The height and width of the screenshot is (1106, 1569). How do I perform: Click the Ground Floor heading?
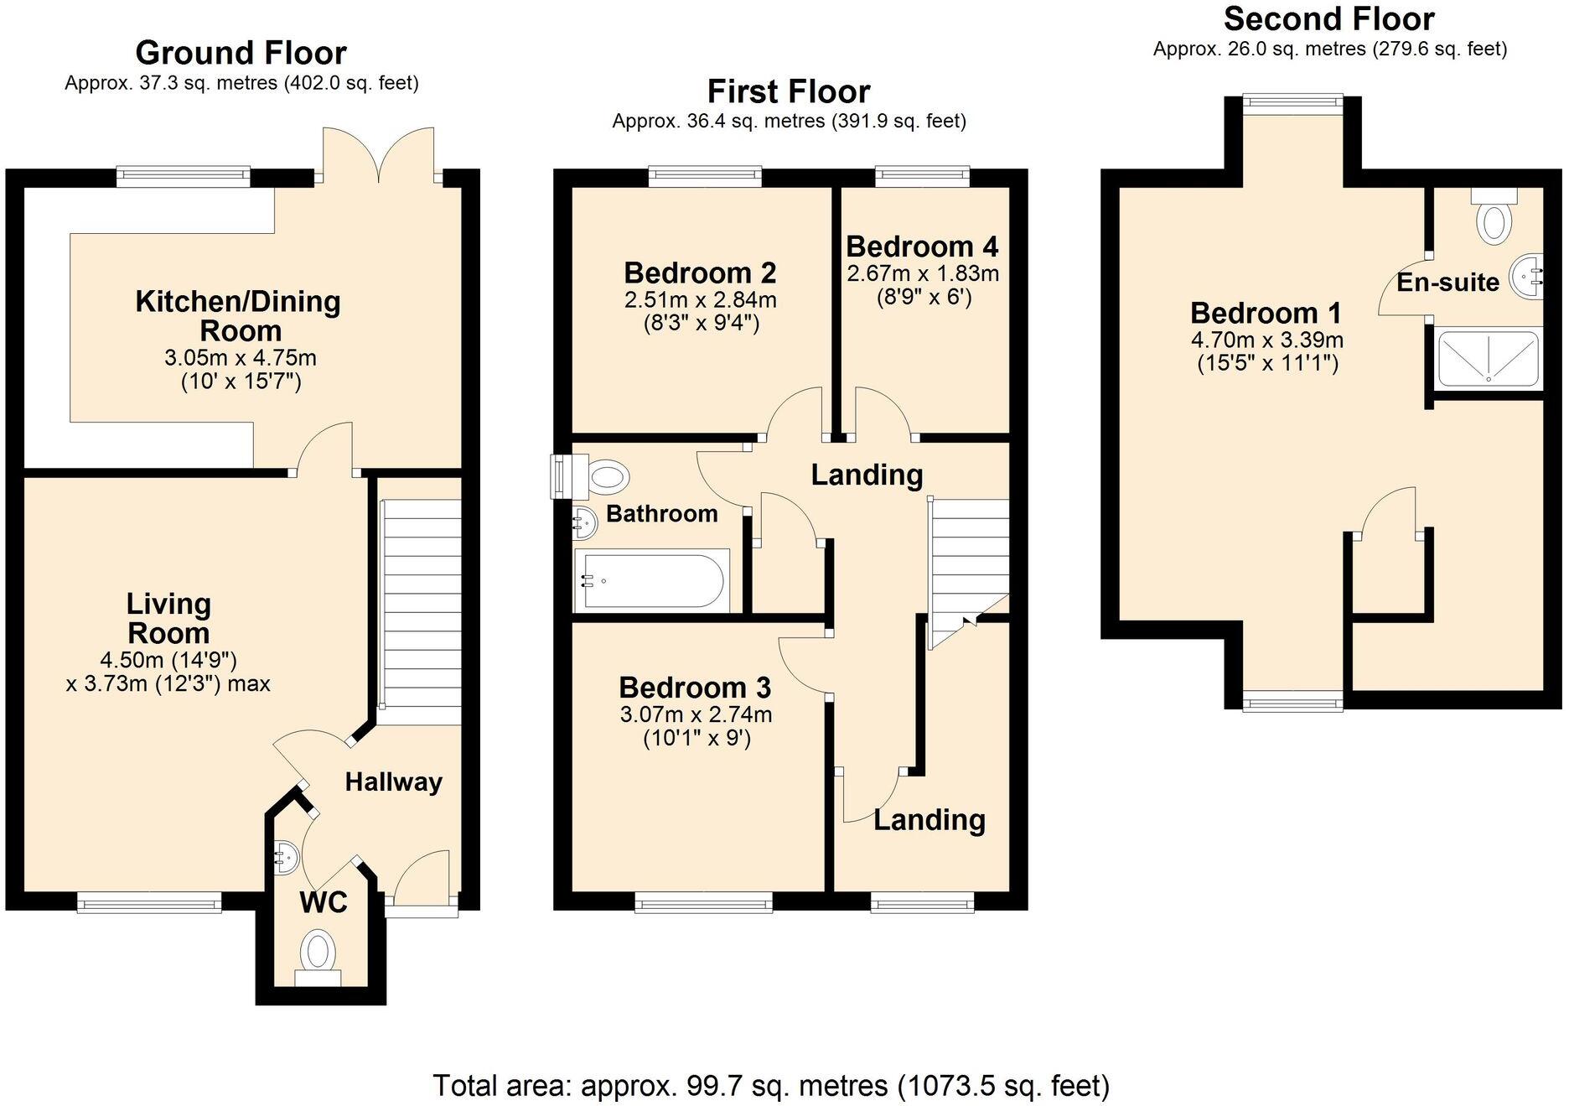point(241,53)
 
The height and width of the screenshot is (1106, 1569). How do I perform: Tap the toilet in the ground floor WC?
point(318,956)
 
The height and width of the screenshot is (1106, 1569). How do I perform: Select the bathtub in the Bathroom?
point(652,579)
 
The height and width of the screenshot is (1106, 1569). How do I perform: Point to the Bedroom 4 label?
point(921,247)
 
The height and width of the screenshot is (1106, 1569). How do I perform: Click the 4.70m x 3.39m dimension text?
point(1266,340)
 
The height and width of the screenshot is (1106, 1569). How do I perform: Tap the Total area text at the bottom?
point(770,1085)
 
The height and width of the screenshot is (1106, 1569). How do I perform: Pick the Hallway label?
point(393,782)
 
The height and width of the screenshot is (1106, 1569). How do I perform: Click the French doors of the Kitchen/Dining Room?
point(379,156)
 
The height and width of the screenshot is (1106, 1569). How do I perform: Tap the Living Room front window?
point(149,902)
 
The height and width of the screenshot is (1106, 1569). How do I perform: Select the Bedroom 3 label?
point(694,688)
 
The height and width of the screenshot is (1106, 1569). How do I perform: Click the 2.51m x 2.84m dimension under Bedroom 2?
point(700,299)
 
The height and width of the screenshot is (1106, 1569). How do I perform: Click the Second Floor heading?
point(1328,18)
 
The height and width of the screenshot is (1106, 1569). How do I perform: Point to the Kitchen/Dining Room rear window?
point(183,174)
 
